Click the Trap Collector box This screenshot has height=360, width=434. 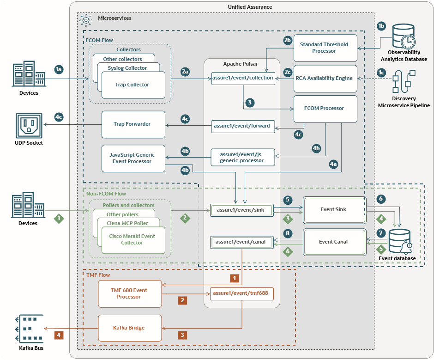[x=133, y=85]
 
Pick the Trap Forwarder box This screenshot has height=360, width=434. [x=133, y=124]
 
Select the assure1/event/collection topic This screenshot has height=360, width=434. [x=243, y=78]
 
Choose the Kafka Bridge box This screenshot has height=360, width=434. [x=129, y=328]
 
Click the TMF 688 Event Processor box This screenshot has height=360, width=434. [x=129, y=293]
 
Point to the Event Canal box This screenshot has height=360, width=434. [x=333, y=241]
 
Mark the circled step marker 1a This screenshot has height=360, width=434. [x=59, y=69]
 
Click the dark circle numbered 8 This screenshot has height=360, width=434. [x=287, y=233]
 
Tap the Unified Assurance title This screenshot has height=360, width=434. [x=250, y=7]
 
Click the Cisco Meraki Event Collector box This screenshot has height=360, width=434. [x=132, y=239]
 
